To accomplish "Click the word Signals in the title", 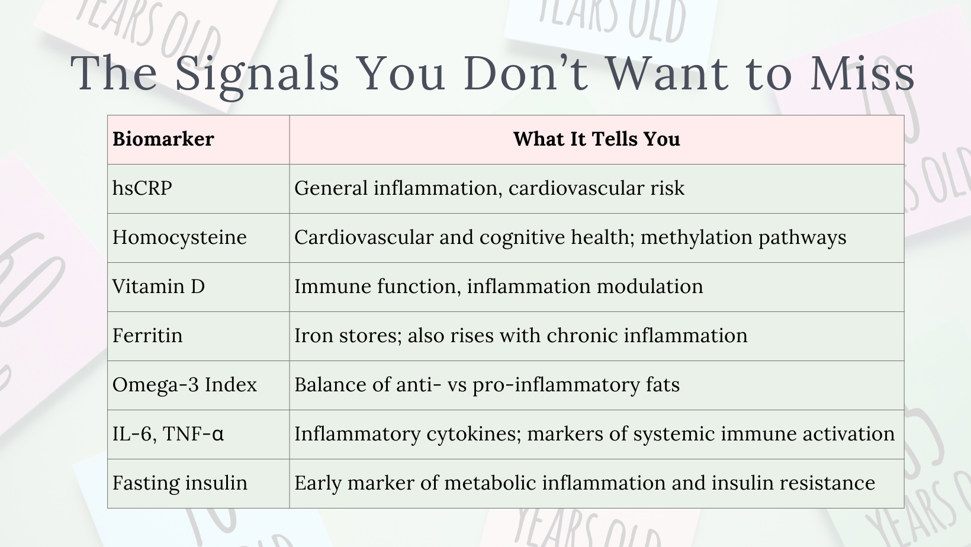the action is [x=257, y=75].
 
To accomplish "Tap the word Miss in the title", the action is [x=862, y=73].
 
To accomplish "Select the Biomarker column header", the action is [x=163, y=139].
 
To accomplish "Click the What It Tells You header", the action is [x=596, y=139].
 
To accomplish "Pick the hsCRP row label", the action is [x=142, y=188].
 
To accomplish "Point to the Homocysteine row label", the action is [x=179, y=237].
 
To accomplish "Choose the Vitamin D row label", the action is [x=159, y=287].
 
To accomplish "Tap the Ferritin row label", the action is [x=147, y=336].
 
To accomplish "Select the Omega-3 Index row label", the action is [x=185, y=385].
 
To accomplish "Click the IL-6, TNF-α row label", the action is [x=168, y=434].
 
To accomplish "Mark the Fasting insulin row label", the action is [x=180, y=483].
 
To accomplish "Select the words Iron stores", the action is [x=348, y=336].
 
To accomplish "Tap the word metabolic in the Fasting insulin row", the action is [x=490, y=483].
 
